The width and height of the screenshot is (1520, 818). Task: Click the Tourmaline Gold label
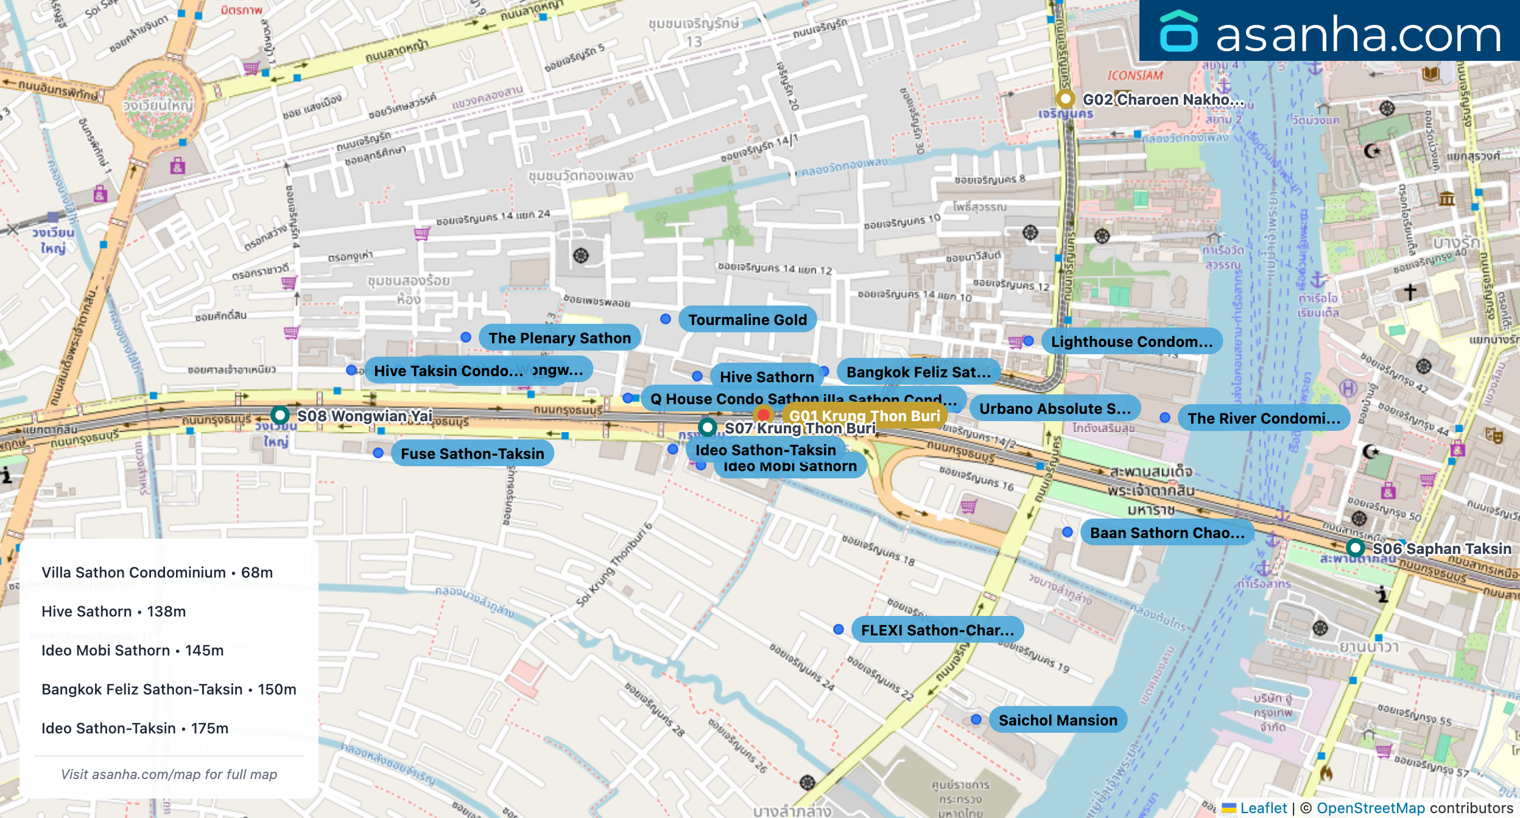tap(747, 320)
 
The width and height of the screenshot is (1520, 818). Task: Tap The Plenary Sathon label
tap(559, 338)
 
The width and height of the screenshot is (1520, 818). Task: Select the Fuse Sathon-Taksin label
tap(472, 453)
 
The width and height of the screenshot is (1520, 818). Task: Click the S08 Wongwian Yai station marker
tap(280, 415)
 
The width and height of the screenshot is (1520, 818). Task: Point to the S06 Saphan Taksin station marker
tap(1355, 547)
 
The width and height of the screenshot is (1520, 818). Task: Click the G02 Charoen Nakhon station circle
tap(1065, 99)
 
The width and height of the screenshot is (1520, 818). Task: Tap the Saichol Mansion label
tap(1058, 720)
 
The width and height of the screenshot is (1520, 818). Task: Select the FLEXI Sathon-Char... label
tap(937, 630)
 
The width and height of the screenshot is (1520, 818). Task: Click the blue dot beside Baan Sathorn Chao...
tap(1068, 532)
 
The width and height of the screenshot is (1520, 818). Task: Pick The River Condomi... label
tap(1264, 418)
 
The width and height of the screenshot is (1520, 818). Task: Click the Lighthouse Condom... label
tap(1131, 341)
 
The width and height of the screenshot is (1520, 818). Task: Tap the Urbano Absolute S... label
tap(1055, 408)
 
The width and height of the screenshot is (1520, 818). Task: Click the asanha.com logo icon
tap(1178, 32)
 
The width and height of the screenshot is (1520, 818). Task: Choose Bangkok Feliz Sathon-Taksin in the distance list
tap(169, 690)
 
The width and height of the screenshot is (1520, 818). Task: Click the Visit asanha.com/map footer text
tap(169, 774)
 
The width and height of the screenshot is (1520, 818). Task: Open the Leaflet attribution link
tap(1263, 808)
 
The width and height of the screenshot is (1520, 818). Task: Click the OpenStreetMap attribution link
tap(1370, 808)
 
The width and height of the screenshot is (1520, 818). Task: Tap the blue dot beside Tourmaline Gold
tap(666, 319)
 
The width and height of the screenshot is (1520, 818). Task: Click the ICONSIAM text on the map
tap(1135, 75)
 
